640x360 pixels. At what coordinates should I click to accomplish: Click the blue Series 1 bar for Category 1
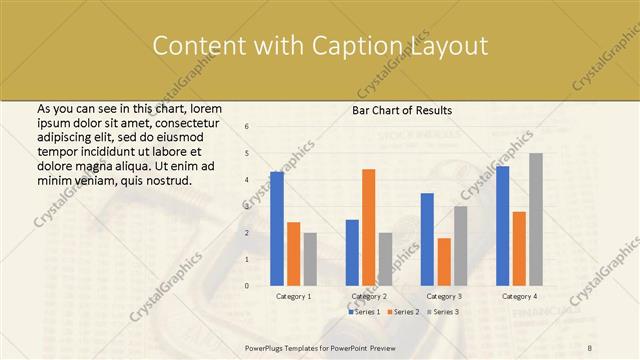(277, 229)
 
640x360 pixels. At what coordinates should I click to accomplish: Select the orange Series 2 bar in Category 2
(368, 227)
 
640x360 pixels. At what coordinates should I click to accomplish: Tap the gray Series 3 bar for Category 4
(536, 219)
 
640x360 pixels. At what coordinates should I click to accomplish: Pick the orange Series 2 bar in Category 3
(444, 262)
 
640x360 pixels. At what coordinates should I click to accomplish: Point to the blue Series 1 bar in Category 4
(502, 226)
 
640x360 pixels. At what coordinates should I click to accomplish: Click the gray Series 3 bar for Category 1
(310, 259)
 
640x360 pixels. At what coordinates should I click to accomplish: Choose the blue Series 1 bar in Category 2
(352, 252)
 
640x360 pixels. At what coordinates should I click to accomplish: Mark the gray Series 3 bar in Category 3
(460, 246)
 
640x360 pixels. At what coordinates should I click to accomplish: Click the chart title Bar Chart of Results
(402, 110)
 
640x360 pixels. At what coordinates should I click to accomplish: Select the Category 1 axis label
(294, 296)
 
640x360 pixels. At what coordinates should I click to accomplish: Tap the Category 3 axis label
(444, 296)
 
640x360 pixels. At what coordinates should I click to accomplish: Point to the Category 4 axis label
(519, 296)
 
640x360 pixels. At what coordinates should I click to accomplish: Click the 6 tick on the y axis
(246, 127)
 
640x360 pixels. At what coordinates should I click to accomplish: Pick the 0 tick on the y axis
(246, 286)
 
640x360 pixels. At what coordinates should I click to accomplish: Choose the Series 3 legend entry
(442, 312)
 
